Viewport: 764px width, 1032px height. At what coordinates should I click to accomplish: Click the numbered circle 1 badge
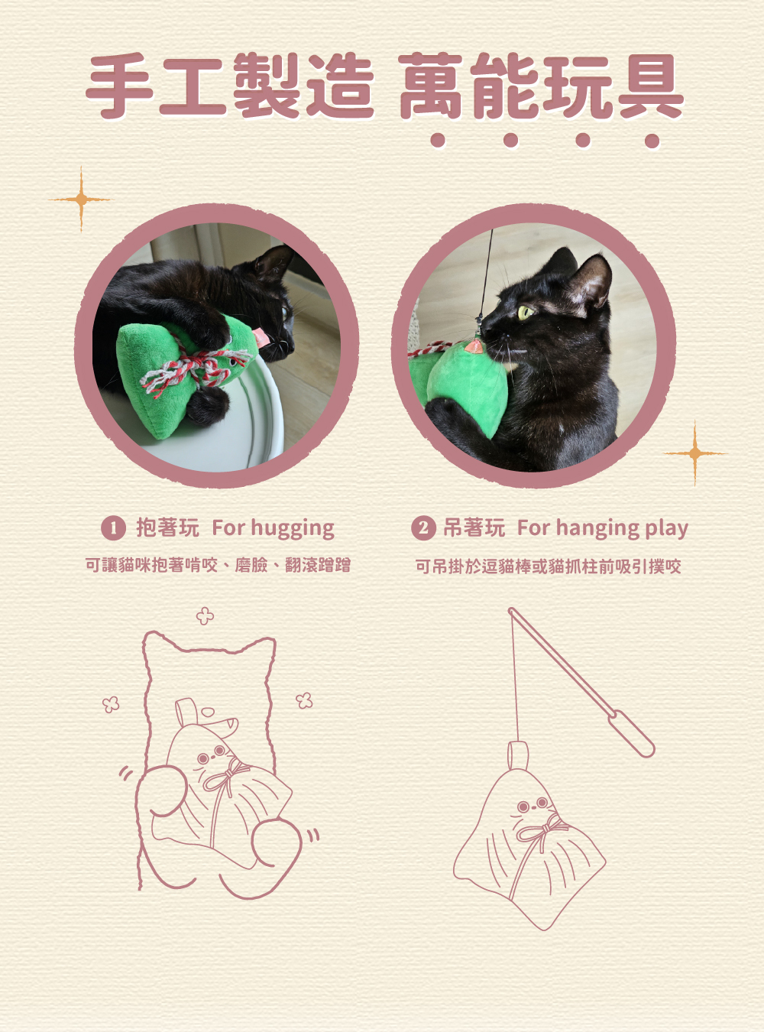coord(113,527)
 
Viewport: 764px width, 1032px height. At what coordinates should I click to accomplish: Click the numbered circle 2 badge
coord(422,527)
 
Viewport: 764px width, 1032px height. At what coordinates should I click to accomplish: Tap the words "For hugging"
coord(273,527)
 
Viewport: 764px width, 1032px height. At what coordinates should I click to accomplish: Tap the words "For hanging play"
coord(602,527)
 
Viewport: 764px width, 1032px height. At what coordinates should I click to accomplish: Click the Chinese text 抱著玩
coord(167,527)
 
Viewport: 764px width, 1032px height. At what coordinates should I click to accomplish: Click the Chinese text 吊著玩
coord(474,527)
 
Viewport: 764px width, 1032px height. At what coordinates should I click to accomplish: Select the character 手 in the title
coord(120,86)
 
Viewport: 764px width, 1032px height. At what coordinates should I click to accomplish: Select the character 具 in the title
coord(649,86)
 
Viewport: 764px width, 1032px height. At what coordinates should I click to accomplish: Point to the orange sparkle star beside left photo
coord(80,200)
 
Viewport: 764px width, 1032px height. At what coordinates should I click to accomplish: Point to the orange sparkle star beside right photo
coord(694,453)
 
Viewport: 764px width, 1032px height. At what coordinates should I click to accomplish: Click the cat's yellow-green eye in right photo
coord(525,312)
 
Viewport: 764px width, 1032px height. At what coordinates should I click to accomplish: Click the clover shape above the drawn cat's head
coord(205,615)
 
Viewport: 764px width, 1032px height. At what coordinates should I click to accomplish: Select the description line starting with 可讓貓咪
coord(218,565)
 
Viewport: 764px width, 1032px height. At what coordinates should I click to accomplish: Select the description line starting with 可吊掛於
coord(548,566)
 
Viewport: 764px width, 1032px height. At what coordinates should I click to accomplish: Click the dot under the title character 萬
coord(437,140)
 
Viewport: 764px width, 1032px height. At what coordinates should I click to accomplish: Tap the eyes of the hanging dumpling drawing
coord(531,805)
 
